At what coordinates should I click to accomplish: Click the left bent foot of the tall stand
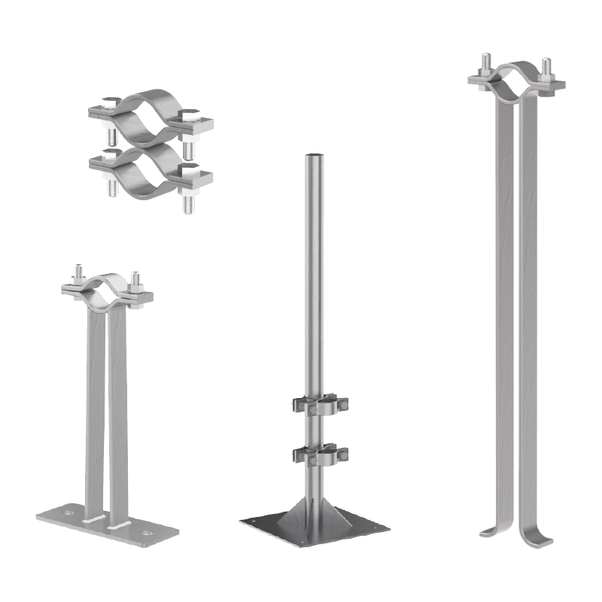click(x=488, y=528)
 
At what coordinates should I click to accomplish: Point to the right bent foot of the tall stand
click(x=540, y=536)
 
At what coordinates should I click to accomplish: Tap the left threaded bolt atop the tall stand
click(x=487, y=62)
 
